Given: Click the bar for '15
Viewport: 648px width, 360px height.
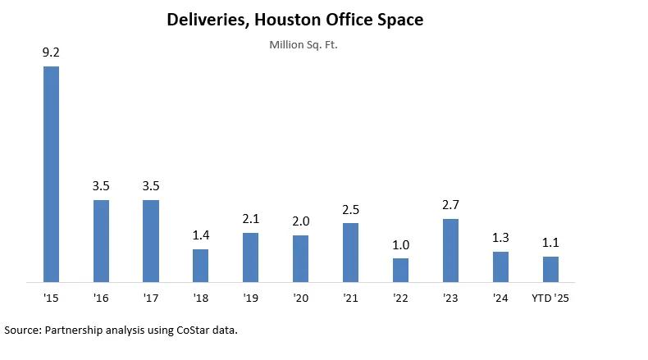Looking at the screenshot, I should [51, 174].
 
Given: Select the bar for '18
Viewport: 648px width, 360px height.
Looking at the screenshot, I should [200, 266].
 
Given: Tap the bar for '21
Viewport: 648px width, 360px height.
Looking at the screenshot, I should [350, 253].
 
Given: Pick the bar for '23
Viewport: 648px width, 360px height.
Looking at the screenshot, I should [450, 250].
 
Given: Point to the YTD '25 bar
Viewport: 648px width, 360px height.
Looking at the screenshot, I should [550, 269].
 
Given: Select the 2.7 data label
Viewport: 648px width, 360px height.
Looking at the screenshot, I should [450, 206].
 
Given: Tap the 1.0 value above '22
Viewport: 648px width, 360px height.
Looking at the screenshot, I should [400, 245].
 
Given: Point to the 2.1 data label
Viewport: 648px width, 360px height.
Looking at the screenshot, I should [250, 220].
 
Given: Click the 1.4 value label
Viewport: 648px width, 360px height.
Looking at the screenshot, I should [200, 236].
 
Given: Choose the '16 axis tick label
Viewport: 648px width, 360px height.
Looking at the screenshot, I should [101, 298].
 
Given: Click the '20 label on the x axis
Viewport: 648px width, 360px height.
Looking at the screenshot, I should [300, 298].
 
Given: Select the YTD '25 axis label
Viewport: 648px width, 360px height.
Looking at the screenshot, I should [550, 298].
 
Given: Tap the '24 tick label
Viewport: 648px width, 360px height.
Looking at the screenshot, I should [500, 298].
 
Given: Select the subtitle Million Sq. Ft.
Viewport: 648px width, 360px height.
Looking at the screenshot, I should [303, 44].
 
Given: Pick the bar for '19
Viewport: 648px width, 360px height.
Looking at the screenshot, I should [250, 257].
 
